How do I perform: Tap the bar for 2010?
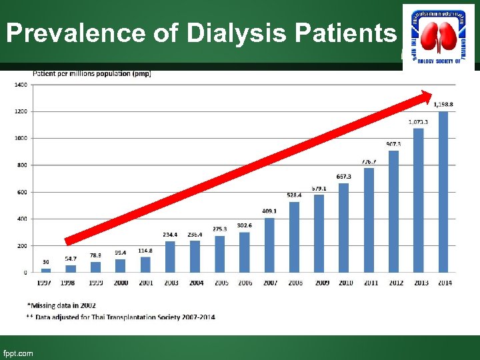[x=344, y=227]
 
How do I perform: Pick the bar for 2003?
[x=170, y=257]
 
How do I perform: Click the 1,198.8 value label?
[x=444, y=104]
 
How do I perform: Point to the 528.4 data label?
[x=295, y=195]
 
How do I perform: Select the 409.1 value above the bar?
[x=269, y=211]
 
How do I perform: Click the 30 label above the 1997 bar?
[x=46, y=261]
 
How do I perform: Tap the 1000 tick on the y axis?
[x=21, y=139]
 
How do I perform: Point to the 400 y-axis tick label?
[x=21, y=219]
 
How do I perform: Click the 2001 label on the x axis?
[x=145, y=283]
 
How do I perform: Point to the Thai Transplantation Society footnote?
[x=124, y=317]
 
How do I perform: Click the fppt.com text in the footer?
[x=18, y=353]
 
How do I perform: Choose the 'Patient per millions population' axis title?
[x=92, y=73]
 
